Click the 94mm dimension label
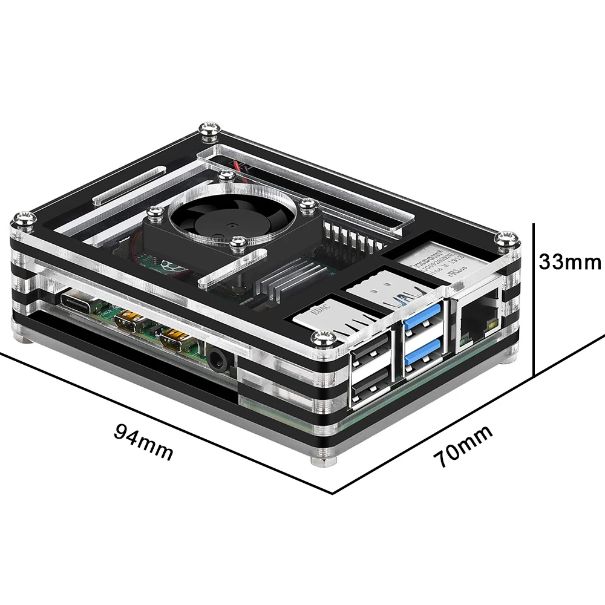(x=143, y=442)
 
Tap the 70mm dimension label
(x=462, y=446)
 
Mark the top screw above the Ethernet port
(x=504, y=238)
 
